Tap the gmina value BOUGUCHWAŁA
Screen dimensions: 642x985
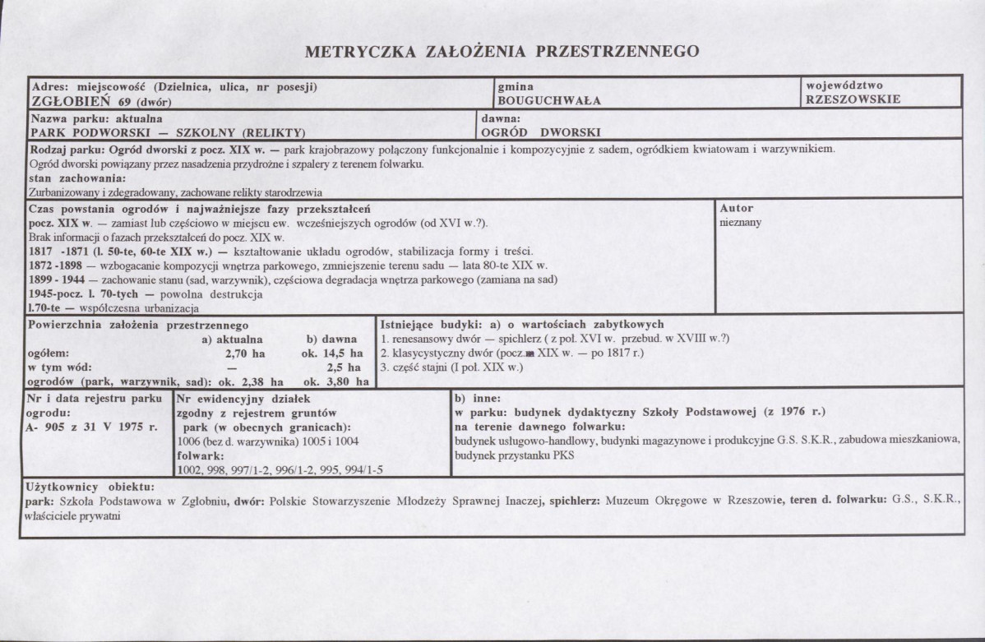pyautogui.click(x=548, y=100)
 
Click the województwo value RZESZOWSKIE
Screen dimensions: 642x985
pyautogui.click(x=853, y=99)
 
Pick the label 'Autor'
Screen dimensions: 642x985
pyautogui.click(x=736, y=209)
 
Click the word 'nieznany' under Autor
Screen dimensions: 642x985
pyautogui.click(x=740, y=221)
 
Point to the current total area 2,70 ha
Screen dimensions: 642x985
pyautogui.click(x=245, y=353)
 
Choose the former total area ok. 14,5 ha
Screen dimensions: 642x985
pyautogui.click(x=332, y=353)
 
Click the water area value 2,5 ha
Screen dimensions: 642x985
pyautogui.click(x=345, y=367)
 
